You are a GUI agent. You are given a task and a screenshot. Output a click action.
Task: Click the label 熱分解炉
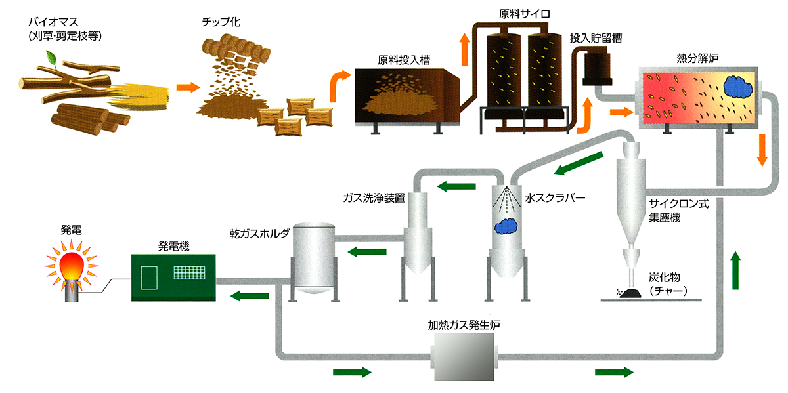(x=698, y=58)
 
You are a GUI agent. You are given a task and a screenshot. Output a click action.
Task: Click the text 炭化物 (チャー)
(x=666, y=283)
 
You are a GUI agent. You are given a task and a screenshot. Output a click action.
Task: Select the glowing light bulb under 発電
(x=71, y=266)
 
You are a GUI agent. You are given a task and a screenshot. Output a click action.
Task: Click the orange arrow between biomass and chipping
(x=187, y=87)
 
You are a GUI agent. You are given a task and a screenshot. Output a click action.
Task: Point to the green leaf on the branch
(x=49, y=59)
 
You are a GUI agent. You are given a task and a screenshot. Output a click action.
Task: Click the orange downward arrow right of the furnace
(x=762, y=150)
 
